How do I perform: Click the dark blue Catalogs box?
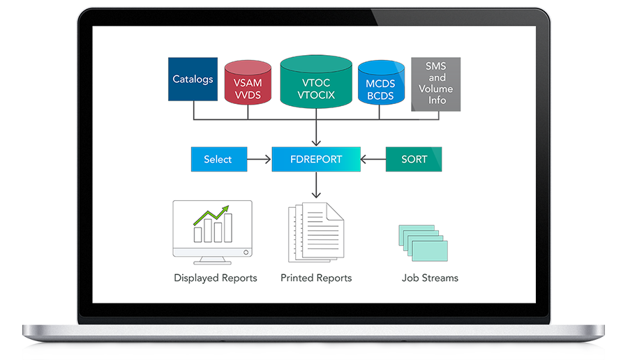pos(193,79)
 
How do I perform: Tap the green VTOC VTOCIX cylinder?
pos(316,84)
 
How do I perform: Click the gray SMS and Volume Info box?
pos(436,84)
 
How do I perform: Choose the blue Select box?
pos(218,159)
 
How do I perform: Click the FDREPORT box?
pos(316,159)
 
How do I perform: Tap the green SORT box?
pos(414,159)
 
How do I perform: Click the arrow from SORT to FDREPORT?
pos(373,159)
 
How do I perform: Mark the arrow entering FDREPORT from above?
pos(316,136)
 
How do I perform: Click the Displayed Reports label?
pos(216,278)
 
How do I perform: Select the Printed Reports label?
pos(316,278)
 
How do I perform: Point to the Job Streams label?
pos(430,278)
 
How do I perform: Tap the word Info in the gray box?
pos(437,100)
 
